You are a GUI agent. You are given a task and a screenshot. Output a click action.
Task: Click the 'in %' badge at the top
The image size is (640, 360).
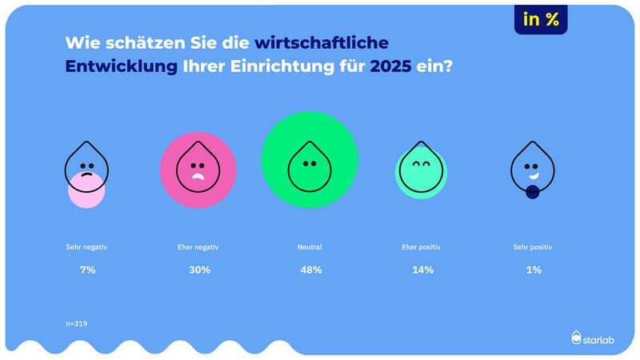(x=541, y=21)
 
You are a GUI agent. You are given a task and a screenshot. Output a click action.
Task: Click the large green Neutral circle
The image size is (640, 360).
(x=310, y=159)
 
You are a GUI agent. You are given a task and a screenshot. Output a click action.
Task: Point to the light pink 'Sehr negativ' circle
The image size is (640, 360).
(x=86, y=190)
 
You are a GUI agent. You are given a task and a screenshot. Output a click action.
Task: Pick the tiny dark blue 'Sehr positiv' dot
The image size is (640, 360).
(x=533, y=192)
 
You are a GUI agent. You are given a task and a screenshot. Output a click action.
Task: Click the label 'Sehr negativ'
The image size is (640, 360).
(x=86, y=247)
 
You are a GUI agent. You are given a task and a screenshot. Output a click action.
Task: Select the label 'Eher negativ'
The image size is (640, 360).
(x=198, y=247)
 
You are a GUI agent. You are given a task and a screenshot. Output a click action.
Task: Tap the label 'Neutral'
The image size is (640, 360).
(x=310, y=247)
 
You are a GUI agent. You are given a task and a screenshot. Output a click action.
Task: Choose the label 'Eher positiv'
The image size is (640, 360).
(x=422, y=247)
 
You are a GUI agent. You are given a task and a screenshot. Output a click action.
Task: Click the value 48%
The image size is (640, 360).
(x=310, y=270)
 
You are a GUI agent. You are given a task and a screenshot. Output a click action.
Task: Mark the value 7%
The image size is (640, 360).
(x=86, y=270)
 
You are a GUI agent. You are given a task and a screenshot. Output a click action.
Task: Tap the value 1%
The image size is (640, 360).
(x=534, y=270)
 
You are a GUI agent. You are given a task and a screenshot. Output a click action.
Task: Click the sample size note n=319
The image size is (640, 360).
(x=77, y=323)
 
